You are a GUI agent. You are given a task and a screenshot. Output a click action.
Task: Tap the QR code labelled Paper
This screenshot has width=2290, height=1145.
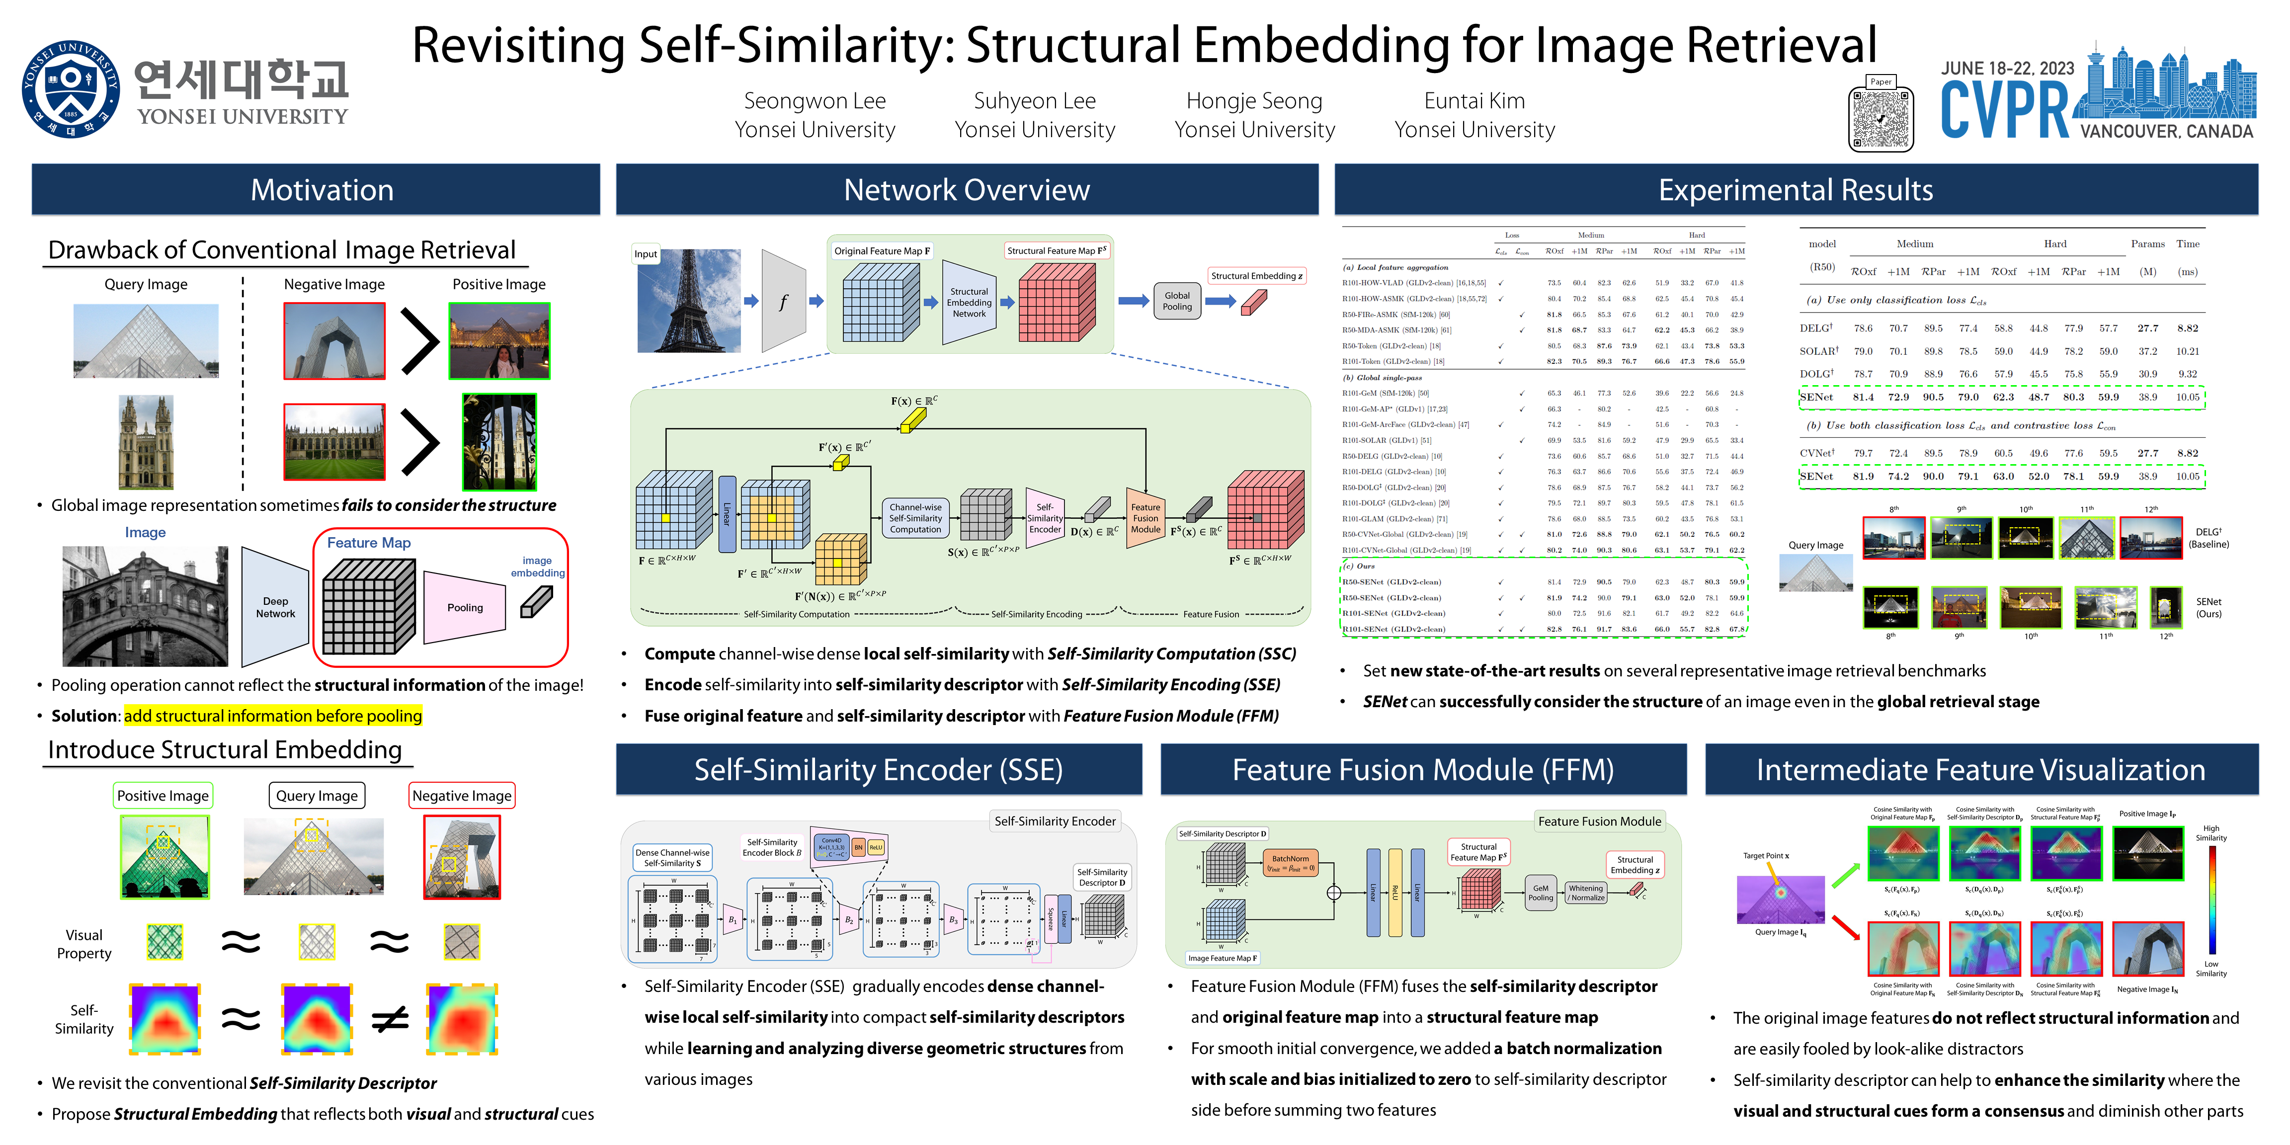(x=1880, y=119)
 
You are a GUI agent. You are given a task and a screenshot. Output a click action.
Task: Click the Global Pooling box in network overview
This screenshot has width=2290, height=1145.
(x=1176, y=301)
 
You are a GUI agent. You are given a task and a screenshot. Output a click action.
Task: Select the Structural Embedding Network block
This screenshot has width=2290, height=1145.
(x=969, y=302)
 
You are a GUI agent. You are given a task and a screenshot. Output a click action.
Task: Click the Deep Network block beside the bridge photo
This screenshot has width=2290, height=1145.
(x=276, y=607)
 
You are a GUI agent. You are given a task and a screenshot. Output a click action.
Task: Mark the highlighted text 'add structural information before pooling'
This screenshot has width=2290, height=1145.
(x=273, y=716)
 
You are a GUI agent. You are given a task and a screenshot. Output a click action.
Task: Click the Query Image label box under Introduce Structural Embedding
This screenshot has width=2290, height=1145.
(x=317, y=796)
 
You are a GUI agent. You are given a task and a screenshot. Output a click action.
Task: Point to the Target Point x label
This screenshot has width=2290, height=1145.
(x=1766, y=856)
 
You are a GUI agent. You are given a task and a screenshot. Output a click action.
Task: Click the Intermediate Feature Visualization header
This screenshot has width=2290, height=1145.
(x=1980, y=770)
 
